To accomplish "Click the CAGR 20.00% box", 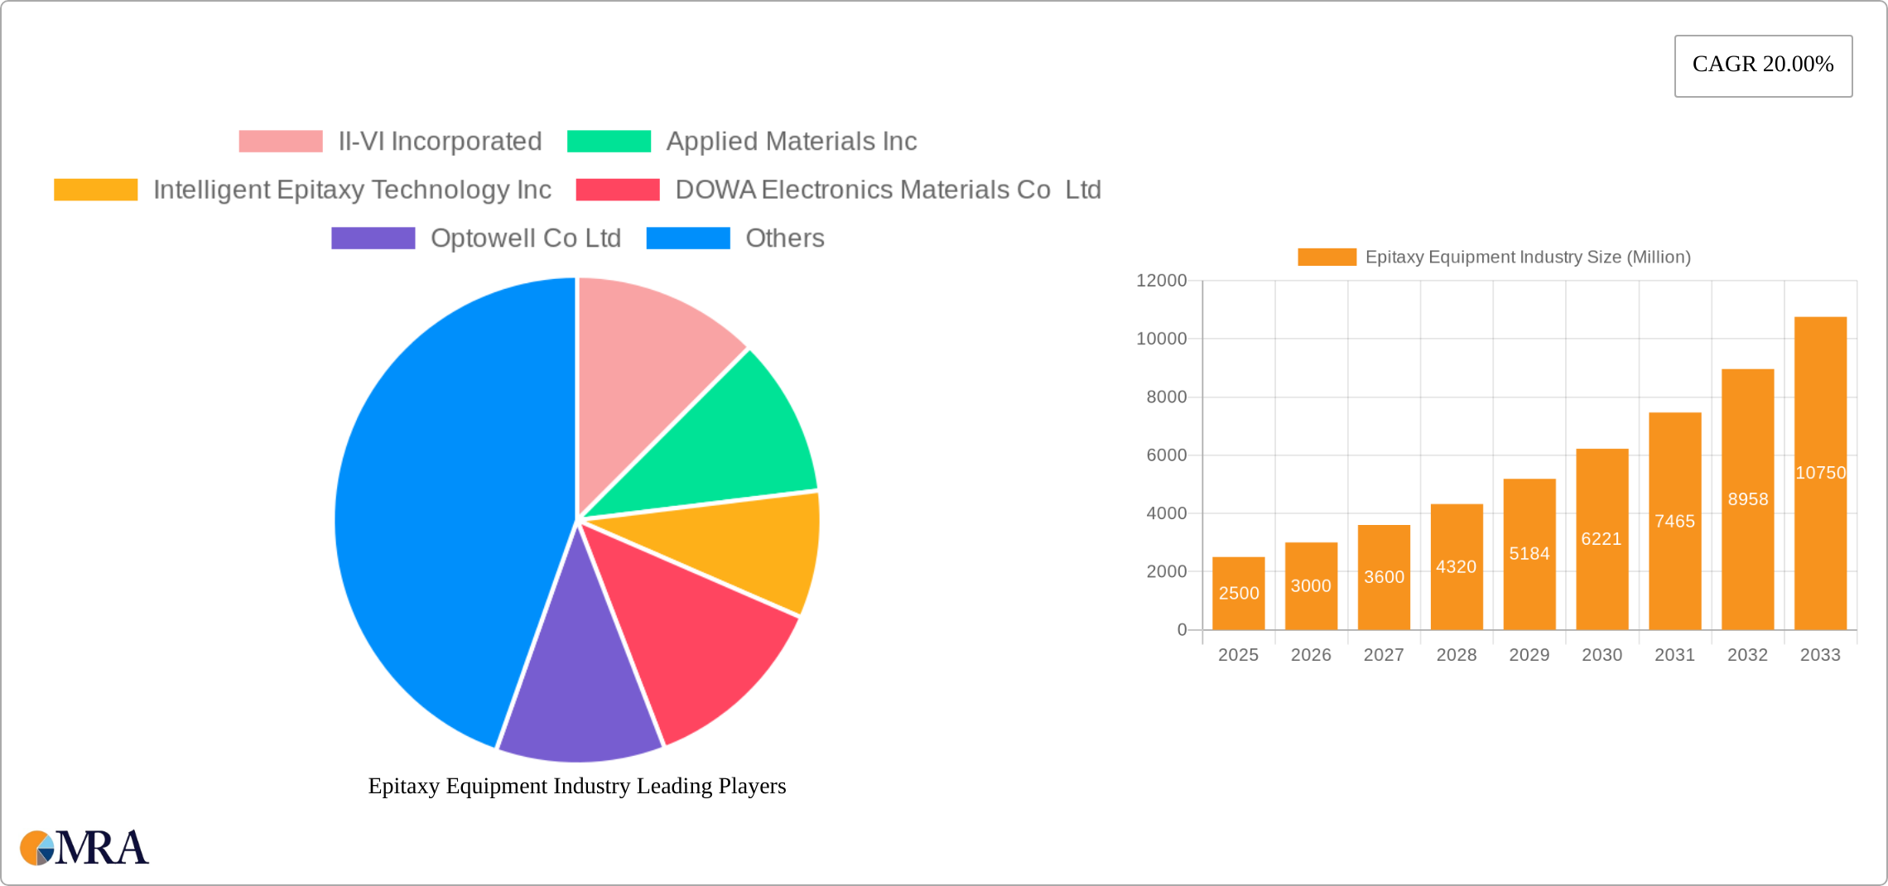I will [1763, 65].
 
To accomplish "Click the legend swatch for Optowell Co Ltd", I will [373, 238].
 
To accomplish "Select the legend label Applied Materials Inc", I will [792, 142].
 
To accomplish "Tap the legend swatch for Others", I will [687, 238].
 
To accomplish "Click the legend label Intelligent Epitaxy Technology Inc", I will [352, 190].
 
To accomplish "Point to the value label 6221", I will [1601, 539].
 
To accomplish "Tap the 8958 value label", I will [1747, 499].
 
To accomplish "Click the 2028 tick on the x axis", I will [1457, 655].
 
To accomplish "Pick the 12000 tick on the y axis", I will [1161, 281].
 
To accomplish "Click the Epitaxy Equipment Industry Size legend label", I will [1527, 258].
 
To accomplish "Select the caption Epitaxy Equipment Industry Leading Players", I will [577, 786].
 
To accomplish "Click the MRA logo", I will [84, 847].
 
